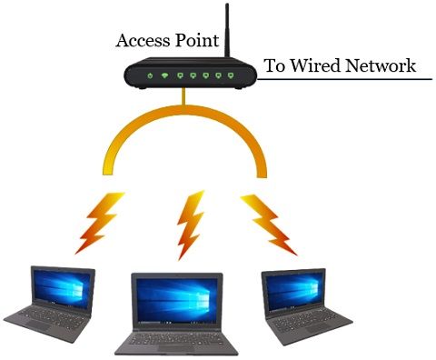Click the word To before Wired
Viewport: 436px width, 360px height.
click(x=273, y=65)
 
